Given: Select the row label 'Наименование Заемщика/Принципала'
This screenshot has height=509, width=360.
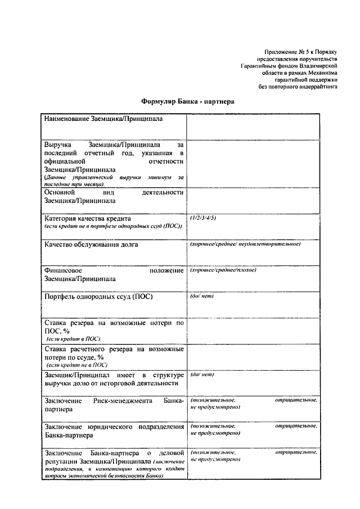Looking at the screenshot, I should (x=96, y=120).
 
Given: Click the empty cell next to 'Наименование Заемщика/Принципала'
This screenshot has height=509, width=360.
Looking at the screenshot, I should (x=253, y=127).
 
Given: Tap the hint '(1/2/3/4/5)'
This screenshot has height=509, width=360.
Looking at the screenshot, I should (x=203, y=217).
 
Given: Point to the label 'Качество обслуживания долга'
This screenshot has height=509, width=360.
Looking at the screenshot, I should (x=91, y=245).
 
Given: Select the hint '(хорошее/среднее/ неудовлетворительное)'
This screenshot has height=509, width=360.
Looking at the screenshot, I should (x=245, y=244).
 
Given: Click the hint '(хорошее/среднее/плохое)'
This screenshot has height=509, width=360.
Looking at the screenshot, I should (x=223, y=270).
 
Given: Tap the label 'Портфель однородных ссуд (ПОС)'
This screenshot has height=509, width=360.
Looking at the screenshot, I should (x=98, y=296).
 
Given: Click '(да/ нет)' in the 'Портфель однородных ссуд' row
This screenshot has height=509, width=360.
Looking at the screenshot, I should (x=202, y=296).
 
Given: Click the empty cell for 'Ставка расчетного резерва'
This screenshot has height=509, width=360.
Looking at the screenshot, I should (x=253, y=357).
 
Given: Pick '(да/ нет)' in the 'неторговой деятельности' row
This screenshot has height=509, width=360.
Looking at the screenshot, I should (x=202, y=374).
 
